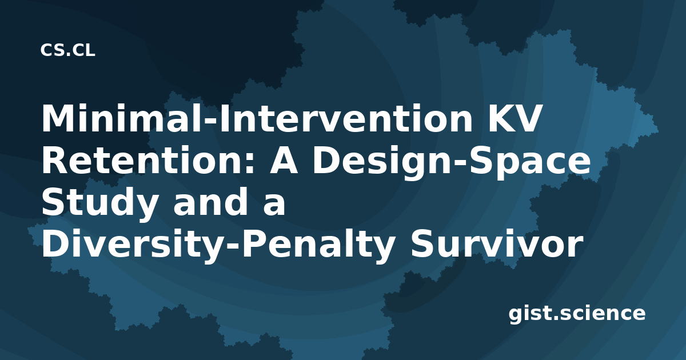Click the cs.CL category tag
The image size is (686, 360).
point(67,50)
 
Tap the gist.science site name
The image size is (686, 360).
point(577,314)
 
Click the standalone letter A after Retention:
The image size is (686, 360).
point(284,160)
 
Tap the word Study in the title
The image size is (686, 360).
point(100,203)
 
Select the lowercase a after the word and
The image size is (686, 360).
point(274,205)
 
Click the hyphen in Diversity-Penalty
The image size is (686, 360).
point(232,248)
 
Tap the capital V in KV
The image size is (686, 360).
point(527,118)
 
